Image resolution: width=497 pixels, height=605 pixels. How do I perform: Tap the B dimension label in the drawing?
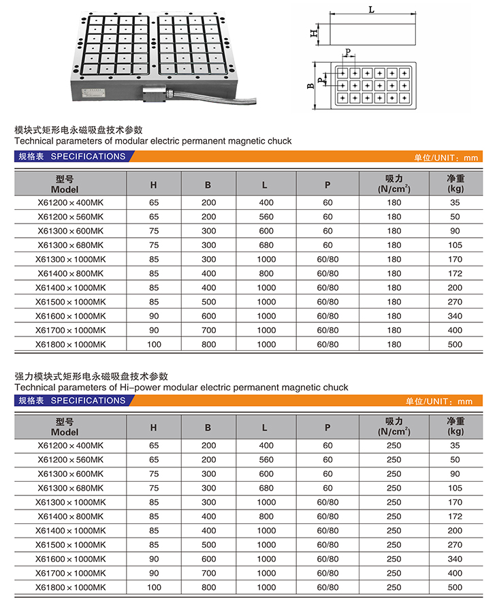click(x=310, y=86)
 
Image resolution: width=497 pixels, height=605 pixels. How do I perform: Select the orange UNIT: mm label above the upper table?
click(x=447, y=157)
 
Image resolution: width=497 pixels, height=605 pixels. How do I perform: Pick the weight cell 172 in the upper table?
click(x=455, y=273)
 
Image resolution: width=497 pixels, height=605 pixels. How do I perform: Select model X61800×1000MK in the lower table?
click(x=71, y=587)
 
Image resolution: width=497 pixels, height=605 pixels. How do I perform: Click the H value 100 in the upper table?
click(x=154, y=345)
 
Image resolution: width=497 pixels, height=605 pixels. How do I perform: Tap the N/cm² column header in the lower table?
click(x=394, y=432)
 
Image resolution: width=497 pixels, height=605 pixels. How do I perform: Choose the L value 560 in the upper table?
click(x=266, y=217)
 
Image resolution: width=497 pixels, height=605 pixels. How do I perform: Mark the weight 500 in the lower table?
click(x=455, y=587)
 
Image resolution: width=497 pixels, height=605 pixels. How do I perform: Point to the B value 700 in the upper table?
click(x=208, y=330)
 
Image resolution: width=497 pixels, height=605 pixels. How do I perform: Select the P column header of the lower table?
click(x=327, y=428)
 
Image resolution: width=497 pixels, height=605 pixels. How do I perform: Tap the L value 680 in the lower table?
click(x=266, y=488)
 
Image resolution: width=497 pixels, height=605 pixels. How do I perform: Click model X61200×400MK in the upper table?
click(x=71, y=202)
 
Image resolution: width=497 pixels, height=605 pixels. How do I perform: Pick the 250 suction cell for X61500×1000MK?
click(x=394, y=545)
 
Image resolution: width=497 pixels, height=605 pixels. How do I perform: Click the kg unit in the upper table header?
click(x=455, y=189)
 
